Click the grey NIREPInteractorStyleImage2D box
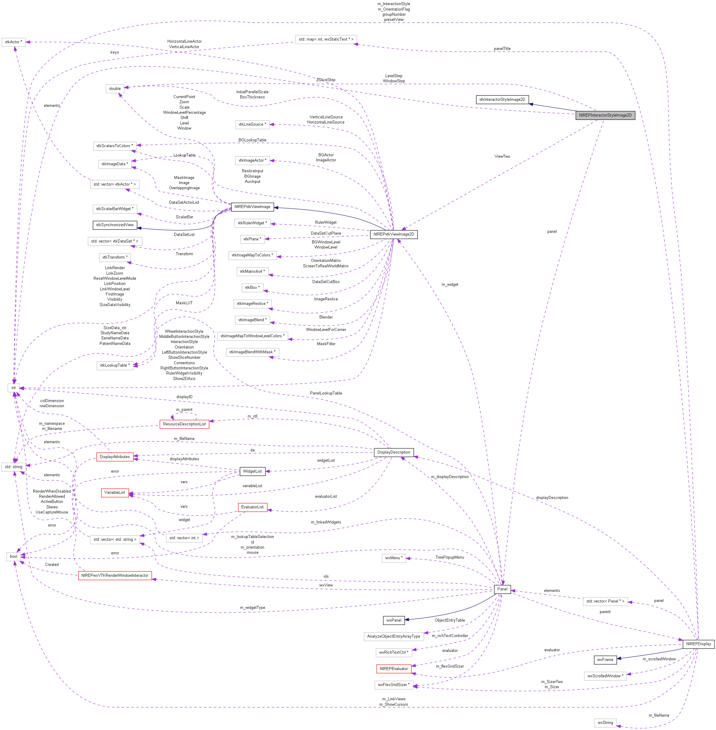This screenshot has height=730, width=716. (605, 115)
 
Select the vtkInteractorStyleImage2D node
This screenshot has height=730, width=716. (502, 100)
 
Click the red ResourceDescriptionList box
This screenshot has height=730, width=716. (184, 424)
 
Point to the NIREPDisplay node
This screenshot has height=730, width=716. (698, 644)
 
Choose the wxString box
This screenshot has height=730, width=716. (605, 722)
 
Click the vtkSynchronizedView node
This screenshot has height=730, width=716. (115, 225)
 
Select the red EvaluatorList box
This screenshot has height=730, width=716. (252, 507)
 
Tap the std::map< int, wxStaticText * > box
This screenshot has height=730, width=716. (326, 39)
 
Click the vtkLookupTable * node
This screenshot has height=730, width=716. (115, 365)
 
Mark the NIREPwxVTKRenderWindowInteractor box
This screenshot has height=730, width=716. (115, 575)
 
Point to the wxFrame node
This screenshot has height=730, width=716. (605, 660)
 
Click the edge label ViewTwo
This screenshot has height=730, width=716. (502, 157)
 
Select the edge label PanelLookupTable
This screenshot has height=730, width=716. (326, 393)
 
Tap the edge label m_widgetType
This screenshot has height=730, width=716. (252, 607)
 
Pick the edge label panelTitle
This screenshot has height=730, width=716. (502, 48)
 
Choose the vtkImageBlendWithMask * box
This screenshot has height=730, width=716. (252, 352)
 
